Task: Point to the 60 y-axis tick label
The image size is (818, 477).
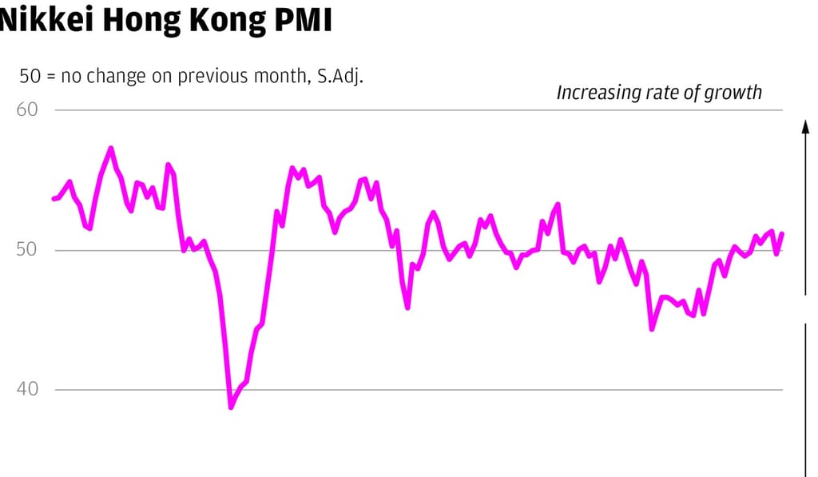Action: pyautogui.click(x=27, y=109)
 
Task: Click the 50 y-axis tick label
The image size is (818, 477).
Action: pyautogui.click(x=27, y=250)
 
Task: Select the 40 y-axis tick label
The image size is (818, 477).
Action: pyautogui.click(x=27, y=390)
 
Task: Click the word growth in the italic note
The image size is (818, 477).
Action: pyautogui.click(x=733, y=93)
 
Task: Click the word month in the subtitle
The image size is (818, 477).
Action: pyautogui.click(x=276, y=76)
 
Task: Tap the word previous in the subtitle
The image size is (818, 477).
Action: pyautogui.click(x=211, y=76)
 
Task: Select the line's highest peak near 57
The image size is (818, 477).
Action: pyautogui.click(x=110, y=148)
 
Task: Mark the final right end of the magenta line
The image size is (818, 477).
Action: pyautogui.click(x=783, y=233)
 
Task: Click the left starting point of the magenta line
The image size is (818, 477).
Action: pyautogui.click(x=54, y=198)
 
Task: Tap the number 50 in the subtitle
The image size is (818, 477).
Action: pyautogui.click(x=30, y=76)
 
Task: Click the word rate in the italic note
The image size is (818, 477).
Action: pyautogui.click(x=660, y=93)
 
